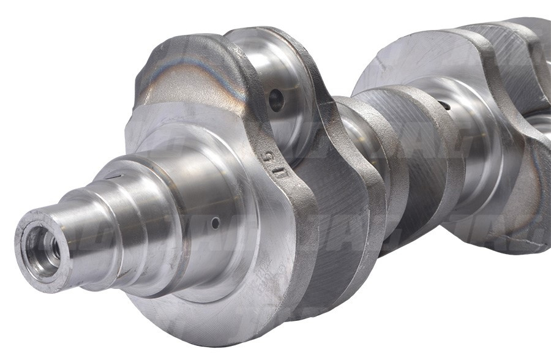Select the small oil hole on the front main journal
pyautogui.click(x=215, y=223)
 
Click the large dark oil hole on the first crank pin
pyautogui.click(x=277, y=100)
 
